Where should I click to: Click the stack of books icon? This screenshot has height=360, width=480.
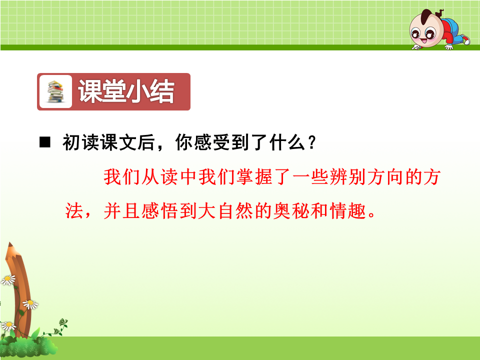pyautogui.click(x=55, y=91)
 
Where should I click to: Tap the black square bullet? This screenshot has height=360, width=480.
pyautogui.click(x=45, y=142)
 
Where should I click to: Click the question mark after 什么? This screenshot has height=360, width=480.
pyautogui.click(x=312, y=142)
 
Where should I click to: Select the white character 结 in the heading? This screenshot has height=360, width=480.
pyautogui.click(x=162, y=91)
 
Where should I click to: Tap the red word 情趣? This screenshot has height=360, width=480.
pyautogui.click(x=348, y=211)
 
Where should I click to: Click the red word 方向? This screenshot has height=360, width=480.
pyautogui.click(x=386, y=177)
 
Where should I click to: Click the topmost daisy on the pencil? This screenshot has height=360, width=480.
pyautogui.click(x=8, y=280)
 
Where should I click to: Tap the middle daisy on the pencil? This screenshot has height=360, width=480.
pyautogui.click(x=30, y=304)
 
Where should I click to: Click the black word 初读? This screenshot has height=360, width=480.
pyautogui.click(x=81, y=142)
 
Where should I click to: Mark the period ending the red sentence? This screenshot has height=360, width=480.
pyautogui.click(x=372, y=214)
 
